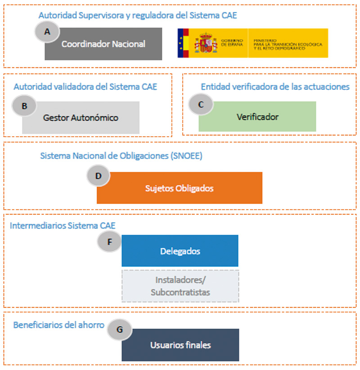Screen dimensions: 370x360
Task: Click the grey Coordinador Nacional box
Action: (103, 44)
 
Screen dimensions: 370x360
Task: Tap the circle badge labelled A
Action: (47, 31)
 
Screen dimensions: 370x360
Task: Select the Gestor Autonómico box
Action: (81, 118)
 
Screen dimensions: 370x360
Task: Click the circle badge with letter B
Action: (24, 106)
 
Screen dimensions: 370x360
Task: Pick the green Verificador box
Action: (257, 117)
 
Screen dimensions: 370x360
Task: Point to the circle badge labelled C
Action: (201, 104)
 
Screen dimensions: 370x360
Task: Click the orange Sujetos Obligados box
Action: (179, 188)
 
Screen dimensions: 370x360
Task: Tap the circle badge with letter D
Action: (99, 176)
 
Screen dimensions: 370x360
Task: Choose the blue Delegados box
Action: (180, 251)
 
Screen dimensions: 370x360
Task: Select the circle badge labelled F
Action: (109, 241)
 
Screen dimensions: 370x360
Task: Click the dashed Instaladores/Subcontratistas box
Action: (180, 286)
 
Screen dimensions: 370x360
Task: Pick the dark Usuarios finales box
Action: (180, 345)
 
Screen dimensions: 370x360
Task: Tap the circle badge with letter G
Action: (119, 329)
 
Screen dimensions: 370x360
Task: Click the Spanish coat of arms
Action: (206, 43)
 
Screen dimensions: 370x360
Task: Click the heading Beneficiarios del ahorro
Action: (58, 325)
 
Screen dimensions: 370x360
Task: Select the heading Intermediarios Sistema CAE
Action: (63, 225)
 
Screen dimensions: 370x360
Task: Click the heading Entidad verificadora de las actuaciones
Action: (275, 87)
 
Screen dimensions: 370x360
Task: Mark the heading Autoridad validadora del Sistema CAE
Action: (85, 87)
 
